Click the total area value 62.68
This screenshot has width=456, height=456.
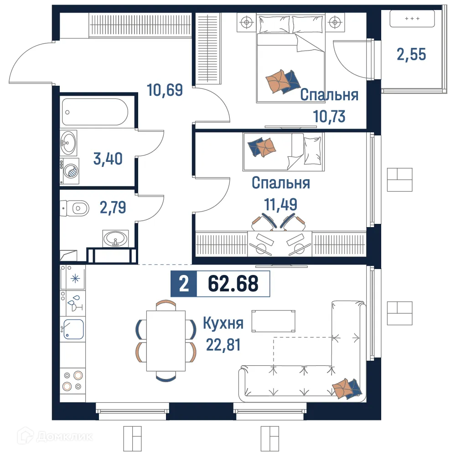[233, 284]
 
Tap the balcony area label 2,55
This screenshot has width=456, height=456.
[411, 55]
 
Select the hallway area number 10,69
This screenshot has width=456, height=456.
[165, 90]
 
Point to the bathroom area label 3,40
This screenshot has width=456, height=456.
[108, 159]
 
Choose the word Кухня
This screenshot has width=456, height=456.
[223, 323]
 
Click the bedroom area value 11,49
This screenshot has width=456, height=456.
[280, 204]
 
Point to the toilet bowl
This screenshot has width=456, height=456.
[76, 209]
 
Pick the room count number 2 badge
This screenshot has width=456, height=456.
[184, 284]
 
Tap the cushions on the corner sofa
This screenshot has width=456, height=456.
[347, 388]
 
